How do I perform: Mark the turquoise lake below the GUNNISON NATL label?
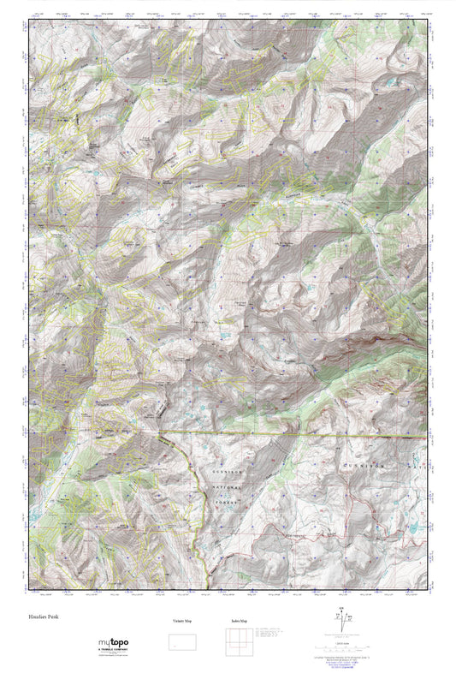[x=412, y=529]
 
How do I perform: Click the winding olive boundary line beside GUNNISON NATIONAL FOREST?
[x=193, y=514]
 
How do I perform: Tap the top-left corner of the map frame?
[x=32, y=23]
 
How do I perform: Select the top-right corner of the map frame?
[x=425, y=23]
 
